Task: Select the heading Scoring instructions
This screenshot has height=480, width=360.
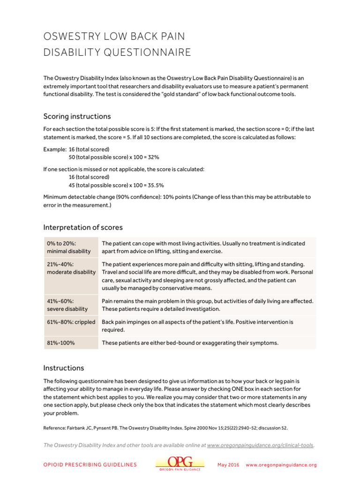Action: (x=77, y=116)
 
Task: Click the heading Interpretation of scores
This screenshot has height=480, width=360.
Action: (x=83, y=227)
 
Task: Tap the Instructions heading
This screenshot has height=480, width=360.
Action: (x=64, y=368)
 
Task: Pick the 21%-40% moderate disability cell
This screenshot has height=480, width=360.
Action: (x=71, y=268)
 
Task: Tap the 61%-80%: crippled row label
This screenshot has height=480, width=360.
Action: (x=71, y=322)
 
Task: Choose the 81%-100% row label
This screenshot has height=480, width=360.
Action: (x=60, y=343)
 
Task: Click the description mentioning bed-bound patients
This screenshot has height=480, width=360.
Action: (x=190, y=343)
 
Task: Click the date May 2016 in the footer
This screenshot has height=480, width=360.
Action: (x=228, y=465)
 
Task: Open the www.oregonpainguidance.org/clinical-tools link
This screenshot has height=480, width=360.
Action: (x=260, y=445)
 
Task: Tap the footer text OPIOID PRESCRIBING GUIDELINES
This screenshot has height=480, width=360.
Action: (x=90, y=465)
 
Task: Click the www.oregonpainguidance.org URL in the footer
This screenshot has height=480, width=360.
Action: (x=281, y=465)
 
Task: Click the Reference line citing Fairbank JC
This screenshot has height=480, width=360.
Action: (x=165, y=427)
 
